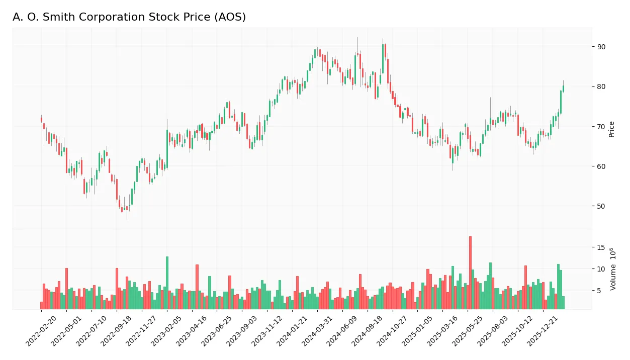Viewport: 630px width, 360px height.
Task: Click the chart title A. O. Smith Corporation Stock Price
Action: pos(129,17)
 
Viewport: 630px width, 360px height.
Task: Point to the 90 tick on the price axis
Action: pos(601,47)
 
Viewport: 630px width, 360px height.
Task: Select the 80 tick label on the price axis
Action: pos(601,86)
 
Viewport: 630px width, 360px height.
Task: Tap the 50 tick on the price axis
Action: pos(601,206)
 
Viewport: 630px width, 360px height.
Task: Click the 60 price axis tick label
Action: pos(601,166)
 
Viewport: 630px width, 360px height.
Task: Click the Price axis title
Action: pos(611,129)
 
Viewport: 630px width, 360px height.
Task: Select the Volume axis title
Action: pos(612,269)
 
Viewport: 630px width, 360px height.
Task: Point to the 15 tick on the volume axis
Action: pos(601,247)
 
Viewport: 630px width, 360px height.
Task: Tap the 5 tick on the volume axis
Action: pos(599,291)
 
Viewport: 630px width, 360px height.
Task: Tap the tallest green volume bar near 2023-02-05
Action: pos(167,283)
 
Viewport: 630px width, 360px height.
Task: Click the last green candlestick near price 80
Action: pos(563,88)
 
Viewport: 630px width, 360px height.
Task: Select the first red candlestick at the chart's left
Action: pos(41,120)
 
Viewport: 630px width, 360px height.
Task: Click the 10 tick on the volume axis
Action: pos(601,269)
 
